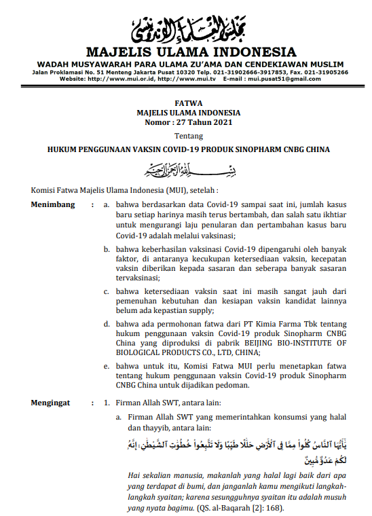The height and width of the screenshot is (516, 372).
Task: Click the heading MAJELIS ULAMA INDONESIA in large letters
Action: (191, 52)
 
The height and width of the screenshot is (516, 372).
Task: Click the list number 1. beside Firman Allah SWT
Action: (107, 403)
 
